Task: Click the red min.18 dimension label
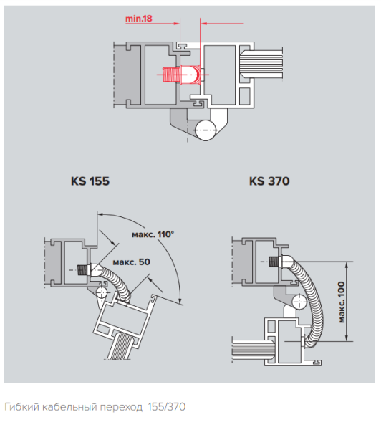tap(138, 19)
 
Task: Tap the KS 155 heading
tap(90, 181)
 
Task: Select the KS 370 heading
tap(269, 181)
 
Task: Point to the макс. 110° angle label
tap(153, 234)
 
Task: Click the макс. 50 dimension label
tap(132, 262)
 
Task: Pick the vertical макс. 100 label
tap(342, 302)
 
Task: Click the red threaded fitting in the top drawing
tap(182, 75)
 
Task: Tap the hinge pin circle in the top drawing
tap(205, 130)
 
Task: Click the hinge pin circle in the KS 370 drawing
tap(299, 302)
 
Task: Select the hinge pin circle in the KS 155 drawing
tap(102, 292)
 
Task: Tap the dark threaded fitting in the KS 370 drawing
tap(274, 262)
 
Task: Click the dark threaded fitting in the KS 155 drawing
tap(83, 270)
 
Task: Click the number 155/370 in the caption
tap(167, 406)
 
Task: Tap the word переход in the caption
tap(121, 407)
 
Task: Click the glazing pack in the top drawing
tap(261, 64)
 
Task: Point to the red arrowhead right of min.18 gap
tap(204, 24)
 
